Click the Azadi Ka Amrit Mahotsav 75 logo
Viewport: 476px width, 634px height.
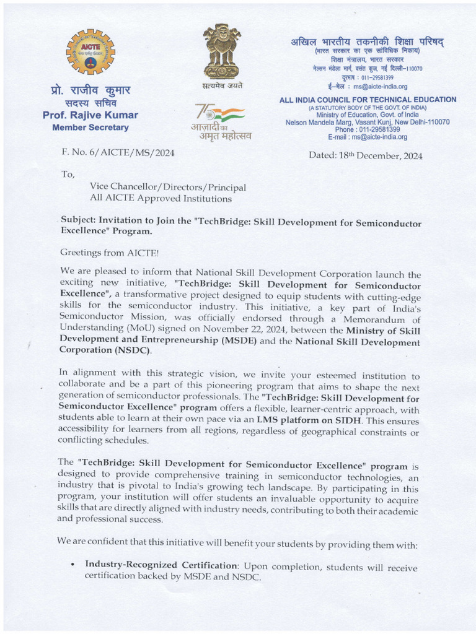221,122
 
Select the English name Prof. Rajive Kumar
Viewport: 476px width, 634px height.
90,115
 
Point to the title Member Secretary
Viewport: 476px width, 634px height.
90,128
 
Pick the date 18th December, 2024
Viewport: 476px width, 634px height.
366,156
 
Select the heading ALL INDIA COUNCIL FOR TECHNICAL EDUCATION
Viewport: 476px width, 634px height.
368,99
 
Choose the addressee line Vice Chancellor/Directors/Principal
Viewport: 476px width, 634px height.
168,187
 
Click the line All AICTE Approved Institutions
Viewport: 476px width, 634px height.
152,199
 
